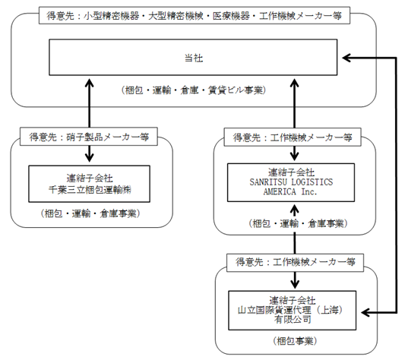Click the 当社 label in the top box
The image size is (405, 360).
click(x=194, y=58)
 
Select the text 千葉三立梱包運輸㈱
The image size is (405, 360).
click(x=90, y=190)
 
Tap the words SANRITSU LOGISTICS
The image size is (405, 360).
click(x=291, y=182)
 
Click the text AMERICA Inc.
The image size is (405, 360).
click(x=290, y=191)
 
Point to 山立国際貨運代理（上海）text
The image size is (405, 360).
click(x=290, y=310)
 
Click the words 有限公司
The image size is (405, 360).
click(x=293, y=320)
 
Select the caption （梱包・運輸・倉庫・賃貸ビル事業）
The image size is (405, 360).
click(x=194, y=90)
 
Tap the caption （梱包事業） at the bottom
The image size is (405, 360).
click(x=295, y=341)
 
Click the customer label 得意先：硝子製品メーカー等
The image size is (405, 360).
click(x=89, y=137)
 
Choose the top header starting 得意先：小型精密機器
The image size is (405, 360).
click(x=195, y=16)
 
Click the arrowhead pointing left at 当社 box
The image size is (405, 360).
click(x=346, y=58)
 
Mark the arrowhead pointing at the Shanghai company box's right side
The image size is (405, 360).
click(x=365, y=313)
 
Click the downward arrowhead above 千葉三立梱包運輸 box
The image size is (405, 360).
click(x=90, y=157)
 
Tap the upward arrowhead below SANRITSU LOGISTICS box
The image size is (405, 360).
click(x=295, y=208)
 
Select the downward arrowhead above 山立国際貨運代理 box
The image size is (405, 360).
click(x=295, y=284)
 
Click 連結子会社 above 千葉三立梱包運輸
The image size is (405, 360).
click(x=90, y=178)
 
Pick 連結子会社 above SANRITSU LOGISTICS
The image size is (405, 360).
click(x=291, y=172)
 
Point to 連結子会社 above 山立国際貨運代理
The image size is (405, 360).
click(x=293, y=300)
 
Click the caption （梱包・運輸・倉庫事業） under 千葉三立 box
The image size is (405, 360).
click(x=90, y=213)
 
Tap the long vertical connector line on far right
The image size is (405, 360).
click(x=396, y=185)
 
